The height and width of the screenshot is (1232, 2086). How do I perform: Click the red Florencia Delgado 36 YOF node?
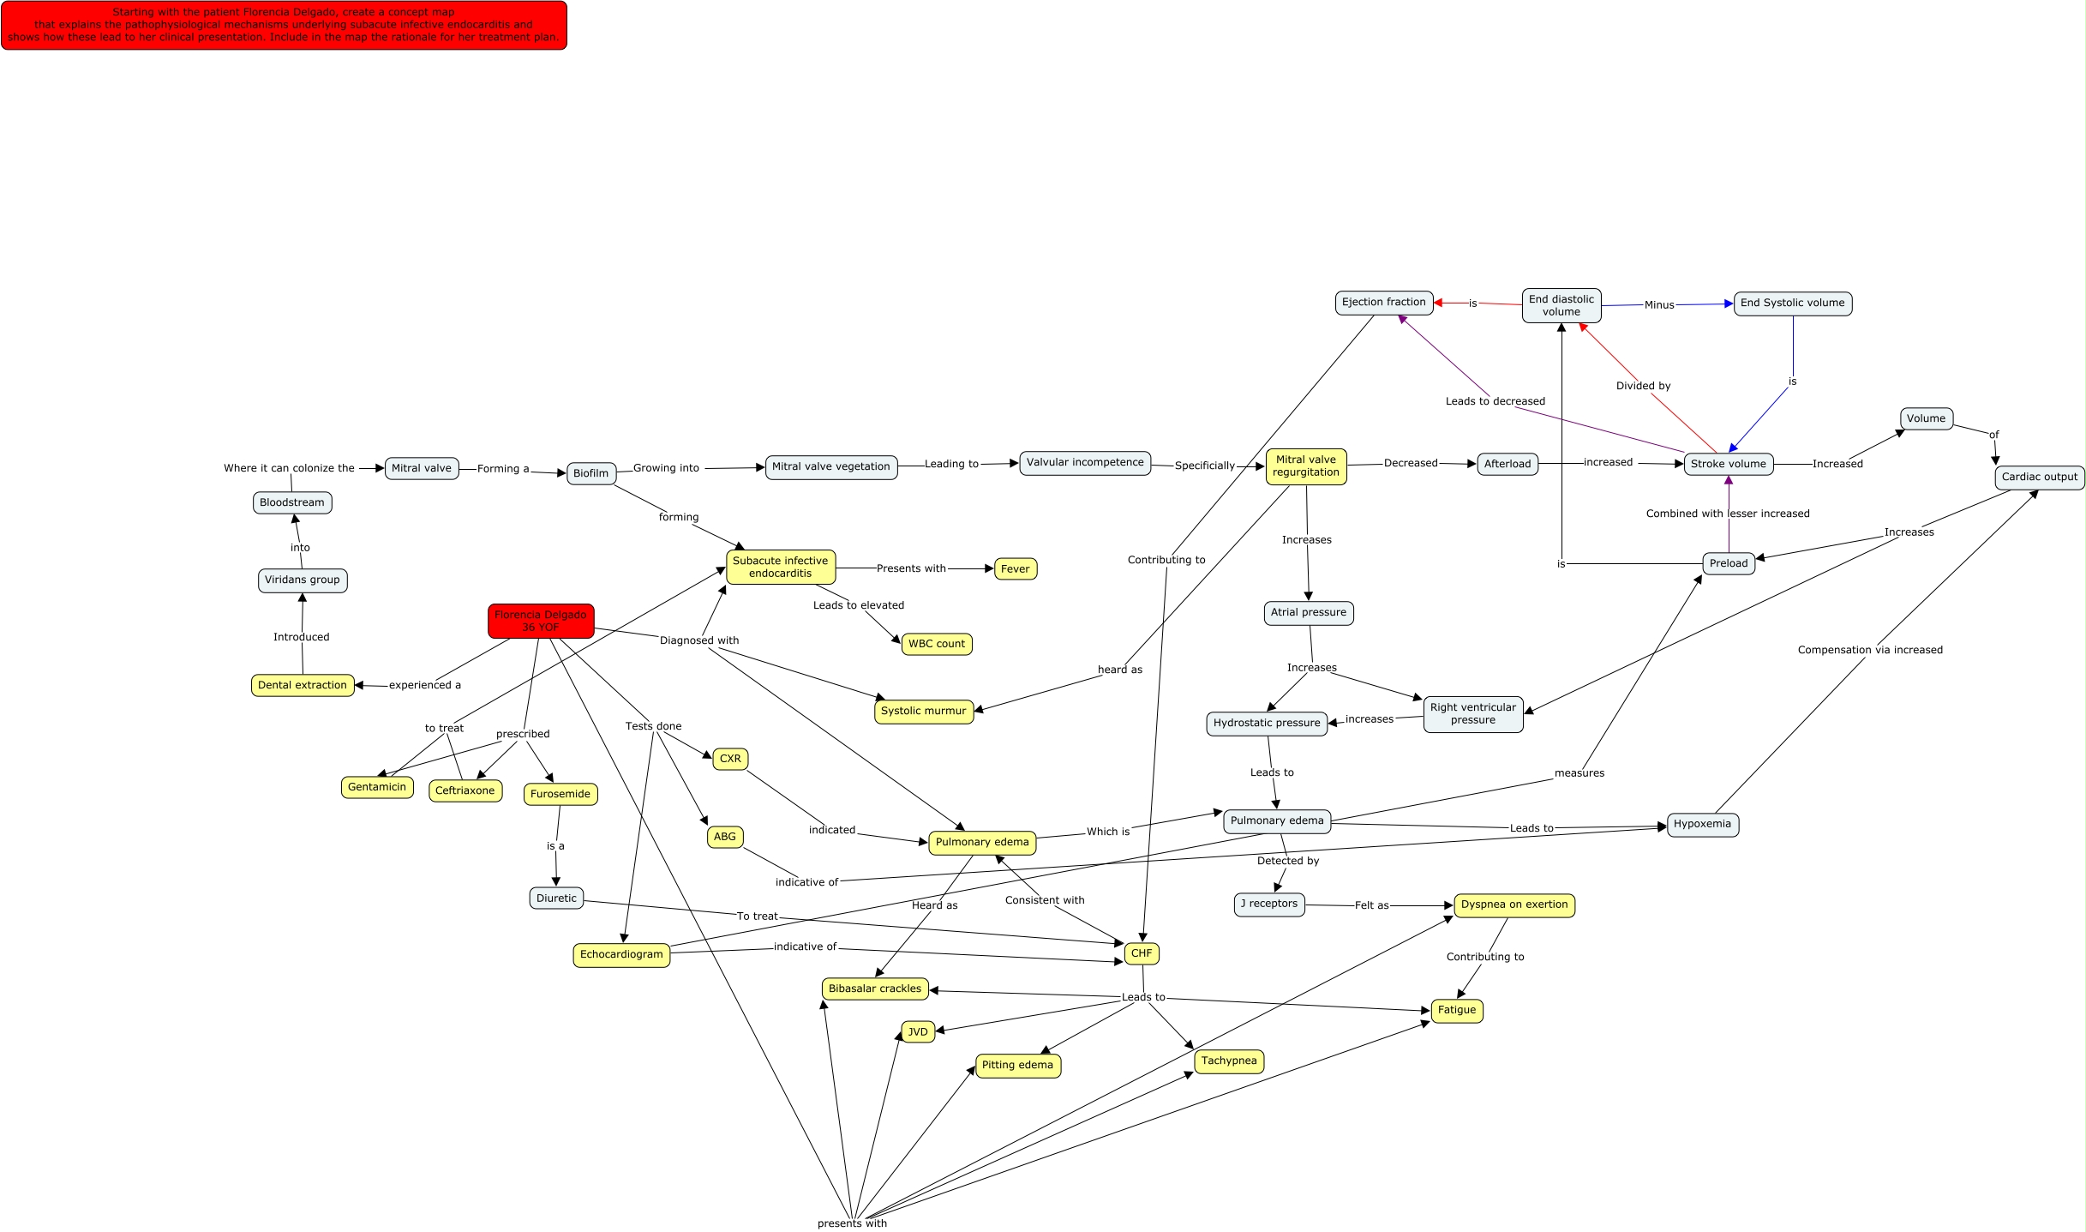[541, 621]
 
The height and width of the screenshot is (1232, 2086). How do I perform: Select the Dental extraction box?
[303, 685]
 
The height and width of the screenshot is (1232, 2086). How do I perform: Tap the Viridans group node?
[303, 580]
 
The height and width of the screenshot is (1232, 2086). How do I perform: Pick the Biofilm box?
[591, 473]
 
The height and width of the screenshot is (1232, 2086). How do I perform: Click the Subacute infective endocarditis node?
[781, 567]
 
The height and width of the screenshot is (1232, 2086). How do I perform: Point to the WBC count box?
[937, 644]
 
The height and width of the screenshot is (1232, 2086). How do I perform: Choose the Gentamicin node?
[377, 787]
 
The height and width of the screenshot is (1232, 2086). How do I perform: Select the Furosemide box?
[560, 794]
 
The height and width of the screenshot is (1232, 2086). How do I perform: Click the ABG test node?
[725, 837]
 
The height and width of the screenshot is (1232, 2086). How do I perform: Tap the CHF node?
[1142, 953]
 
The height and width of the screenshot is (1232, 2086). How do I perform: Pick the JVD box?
[918, 1031]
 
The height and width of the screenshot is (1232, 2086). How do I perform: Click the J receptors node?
[1269, 904]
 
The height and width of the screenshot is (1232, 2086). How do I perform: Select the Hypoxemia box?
[1702, 824]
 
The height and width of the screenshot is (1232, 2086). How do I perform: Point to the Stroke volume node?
[1729, 464]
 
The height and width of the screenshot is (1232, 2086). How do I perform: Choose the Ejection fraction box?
[1384, 302]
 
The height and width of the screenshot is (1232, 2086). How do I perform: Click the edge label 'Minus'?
[1659, 304]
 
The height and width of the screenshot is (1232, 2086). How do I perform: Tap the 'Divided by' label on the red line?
[1643, 386]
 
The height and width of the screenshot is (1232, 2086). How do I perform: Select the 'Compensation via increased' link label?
[1870, 650]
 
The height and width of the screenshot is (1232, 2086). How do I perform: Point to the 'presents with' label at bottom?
[852, 1223]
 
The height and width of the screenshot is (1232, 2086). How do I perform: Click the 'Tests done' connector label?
[653, 726]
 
